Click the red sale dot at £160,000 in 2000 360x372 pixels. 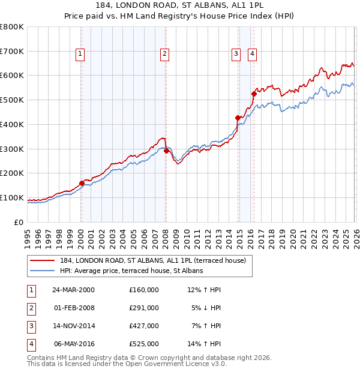pyautogui.click(x=82, y=183)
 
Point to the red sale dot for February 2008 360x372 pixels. pyautogui.click(x=166, y=151)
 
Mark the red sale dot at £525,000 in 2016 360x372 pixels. pyautogui.click(x=254, y=94)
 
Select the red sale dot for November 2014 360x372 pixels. pyautogui.click(x=238, y=118)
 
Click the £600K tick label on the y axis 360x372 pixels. pyautogui.click(x=12, y=76)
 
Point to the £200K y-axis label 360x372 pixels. pyautogui.click(x=12, y=173)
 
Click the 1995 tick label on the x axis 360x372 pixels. pyautogui.click(x=28, y=235)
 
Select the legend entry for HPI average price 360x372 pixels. pyautogui.click(x=131, y=271)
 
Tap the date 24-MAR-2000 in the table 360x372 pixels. pyautogui.click(x=73, y=290)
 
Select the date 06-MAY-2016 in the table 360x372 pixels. pyautogui.click(x=73, y=344)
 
